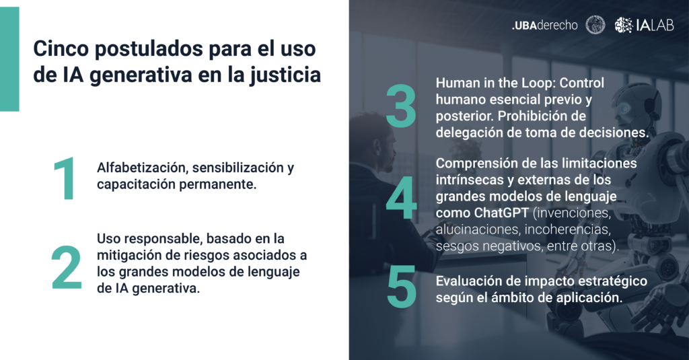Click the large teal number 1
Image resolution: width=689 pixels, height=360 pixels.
(65, 179)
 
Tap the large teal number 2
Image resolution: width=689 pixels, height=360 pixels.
(67, 267)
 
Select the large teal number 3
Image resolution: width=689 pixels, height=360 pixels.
(401, 106)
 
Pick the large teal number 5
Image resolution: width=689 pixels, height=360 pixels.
(402, 287)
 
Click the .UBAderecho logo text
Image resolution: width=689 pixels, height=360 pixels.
(544, 26)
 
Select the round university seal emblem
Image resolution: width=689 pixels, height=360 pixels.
(595, 25)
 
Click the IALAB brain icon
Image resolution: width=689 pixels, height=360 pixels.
(624, 25)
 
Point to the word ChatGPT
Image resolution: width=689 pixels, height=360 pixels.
(501, 213)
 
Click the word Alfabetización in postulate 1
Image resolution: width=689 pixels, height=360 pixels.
(142, 168)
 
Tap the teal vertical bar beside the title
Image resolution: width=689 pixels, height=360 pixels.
(9, 59)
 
